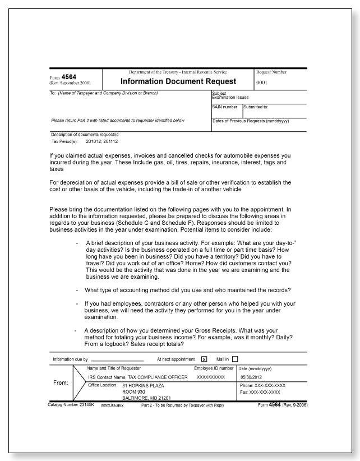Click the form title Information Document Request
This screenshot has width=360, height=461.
[x=179, y=81]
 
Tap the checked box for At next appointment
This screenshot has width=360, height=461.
[x=204, y=359]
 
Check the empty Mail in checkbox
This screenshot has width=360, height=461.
[x=235, y=359]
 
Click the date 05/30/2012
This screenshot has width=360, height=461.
[x=251, y=377]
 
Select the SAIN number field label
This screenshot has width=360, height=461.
[x=224, y=107]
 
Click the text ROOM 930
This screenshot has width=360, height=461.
[x=134, y=392]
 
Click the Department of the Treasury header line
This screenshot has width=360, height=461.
[x=178, y=72]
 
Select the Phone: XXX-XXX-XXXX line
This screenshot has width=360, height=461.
[x=262, y=385]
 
